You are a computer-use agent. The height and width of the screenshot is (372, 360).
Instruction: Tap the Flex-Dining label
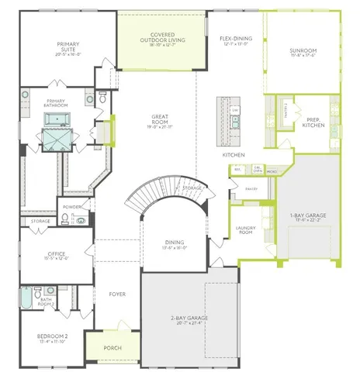(235, 40)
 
